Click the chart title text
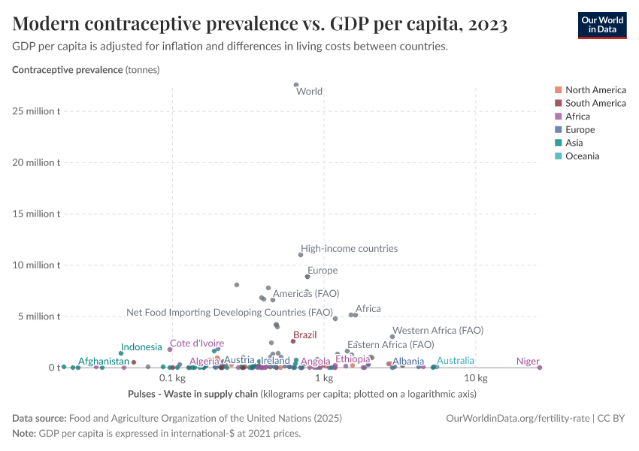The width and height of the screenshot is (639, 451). click(x=260, y=24)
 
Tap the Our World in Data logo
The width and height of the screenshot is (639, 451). click(x=601, y=24)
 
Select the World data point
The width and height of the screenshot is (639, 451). click(x=296, y=85)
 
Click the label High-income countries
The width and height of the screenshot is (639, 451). click(x=349, y=249)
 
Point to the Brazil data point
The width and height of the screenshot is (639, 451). click(x=294, y=341)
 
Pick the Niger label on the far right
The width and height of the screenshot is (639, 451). click(x=528, y=362)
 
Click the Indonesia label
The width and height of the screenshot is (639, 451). click(x=141, y=347)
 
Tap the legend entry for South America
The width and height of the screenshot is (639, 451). click(x=595, y=103)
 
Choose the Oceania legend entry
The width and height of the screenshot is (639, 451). click(x=582, y=156)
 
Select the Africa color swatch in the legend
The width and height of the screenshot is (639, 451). click(x=558, y=117)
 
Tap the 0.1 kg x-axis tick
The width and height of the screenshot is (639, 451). click(x=172, y=378)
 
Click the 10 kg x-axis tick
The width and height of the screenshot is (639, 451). click(x=476, y=378)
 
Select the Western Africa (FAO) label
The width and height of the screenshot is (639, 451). click(x=438, y=330)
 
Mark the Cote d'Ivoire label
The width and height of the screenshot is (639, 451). click(x=197, y=344)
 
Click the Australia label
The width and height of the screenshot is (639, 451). click(x=456, y=361)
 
